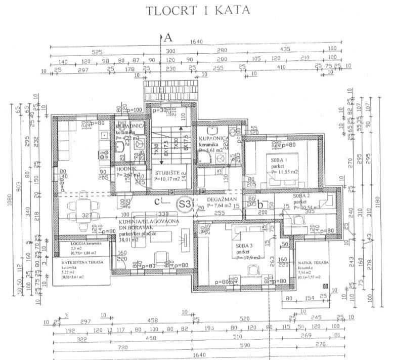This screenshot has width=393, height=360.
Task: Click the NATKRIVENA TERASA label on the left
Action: click(x=75, y=262)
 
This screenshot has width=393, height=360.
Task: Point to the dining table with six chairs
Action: click(x=82, y=206)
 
